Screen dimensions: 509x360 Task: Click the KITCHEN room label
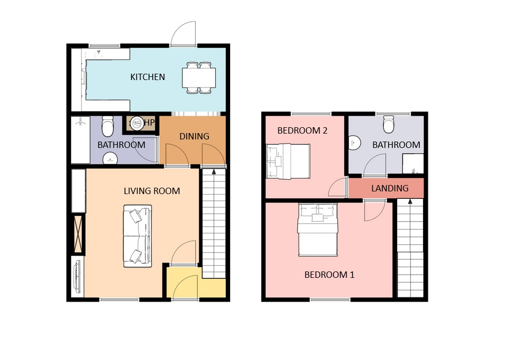pos(147,77)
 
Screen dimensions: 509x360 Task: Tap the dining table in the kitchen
pos(199,78)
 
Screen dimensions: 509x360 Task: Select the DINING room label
pos(194,136)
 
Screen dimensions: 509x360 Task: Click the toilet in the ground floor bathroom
pos(108,126)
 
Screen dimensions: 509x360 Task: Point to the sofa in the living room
pos(137,236)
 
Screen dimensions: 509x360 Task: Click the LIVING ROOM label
pos(152,191)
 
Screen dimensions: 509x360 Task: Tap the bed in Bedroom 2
pos(288,161)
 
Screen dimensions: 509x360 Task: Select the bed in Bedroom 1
pos(318,230)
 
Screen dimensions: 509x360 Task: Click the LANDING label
pos(390,188)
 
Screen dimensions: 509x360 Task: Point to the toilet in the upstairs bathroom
pos(389,124)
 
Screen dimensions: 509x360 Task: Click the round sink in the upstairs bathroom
pos(355,143)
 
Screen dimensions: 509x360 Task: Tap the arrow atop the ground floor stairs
pos(214,172)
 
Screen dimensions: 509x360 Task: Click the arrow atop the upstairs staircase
pos(410,201)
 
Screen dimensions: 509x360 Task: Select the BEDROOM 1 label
pos(329,275)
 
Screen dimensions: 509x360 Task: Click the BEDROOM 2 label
pos(302,130)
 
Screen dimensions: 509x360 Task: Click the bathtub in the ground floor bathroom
pos(80,139)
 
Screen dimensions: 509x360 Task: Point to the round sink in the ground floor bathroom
pos(110,159)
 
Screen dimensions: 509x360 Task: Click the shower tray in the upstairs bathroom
pos(413,164)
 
